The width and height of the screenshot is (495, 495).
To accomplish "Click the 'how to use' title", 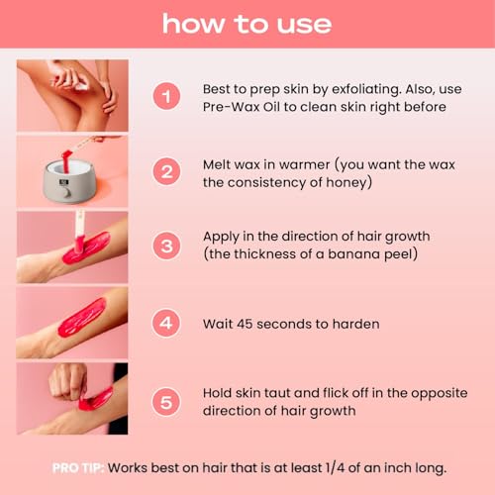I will (x=247, y=23).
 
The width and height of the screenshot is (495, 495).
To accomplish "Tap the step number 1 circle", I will (x=167, y=97).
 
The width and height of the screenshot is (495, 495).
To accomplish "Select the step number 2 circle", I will (x=167, y=171).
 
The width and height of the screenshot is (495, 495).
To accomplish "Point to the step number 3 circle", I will (x=167, y=246).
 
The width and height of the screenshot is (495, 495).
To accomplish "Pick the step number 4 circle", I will (x=167, y=323).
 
